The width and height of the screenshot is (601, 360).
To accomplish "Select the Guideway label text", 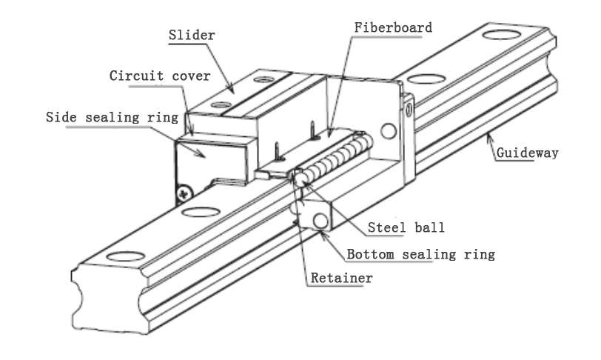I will [527, 153].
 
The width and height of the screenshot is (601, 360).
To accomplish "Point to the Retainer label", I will [341, 278].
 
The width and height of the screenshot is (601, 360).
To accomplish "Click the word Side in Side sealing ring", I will [61, 117].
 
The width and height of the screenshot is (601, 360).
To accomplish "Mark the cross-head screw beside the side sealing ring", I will [182, 194].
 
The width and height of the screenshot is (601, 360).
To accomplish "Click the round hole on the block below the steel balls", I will [320, 221].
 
